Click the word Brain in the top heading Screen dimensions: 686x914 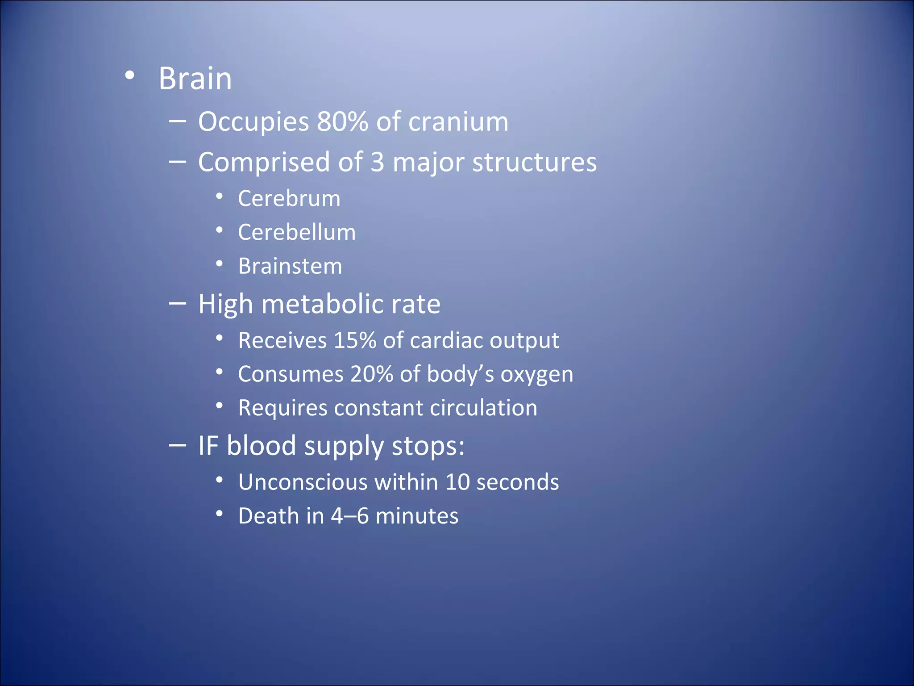coord(195,79)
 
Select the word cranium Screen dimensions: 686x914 coord(458,121)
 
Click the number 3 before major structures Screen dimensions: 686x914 coord(377,162)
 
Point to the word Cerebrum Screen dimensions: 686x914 coord(289,198)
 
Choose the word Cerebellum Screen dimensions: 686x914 coord(297,232)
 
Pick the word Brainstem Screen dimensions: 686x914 coord(290,266)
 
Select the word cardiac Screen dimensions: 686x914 coord(446,340)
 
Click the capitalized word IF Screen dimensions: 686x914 coord(208,446)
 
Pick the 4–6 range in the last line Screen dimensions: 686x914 coord(349,516)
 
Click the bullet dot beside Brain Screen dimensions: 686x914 coord(129,75)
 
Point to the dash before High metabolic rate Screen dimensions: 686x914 coord(178,304)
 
